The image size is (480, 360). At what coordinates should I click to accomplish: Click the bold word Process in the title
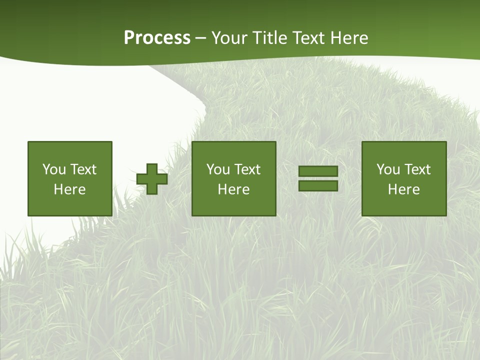(157, 38)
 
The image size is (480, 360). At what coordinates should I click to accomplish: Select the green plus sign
(152, 179)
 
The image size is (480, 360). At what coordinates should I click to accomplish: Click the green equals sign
(318, 178)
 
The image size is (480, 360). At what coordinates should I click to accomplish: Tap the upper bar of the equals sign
(318, 171)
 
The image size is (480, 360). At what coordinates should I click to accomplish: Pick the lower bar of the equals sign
(318, 185)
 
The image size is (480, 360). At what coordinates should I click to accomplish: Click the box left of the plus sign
(70, 178)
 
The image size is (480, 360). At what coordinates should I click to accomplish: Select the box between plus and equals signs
(234, 178)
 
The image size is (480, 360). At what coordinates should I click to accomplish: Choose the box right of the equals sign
(404, 178)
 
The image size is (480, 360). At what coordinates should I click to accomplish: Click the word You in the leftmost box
(54, 169)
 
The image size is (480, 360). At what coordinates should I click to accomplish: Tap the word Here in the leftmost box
(70, 189)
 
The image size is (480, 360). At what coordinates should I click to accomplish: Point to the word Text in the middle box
(247, 169)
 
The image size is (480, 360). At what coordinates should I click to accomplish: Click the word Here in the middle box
(234, 189)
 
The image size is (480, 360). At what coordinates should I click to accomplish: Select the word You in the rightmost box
(388, 169)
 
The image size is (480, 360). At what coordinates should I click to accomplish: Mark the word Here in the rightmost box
(404, 189)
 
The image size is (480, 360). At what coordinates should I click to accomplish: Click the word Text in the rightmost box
(417, 169)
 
